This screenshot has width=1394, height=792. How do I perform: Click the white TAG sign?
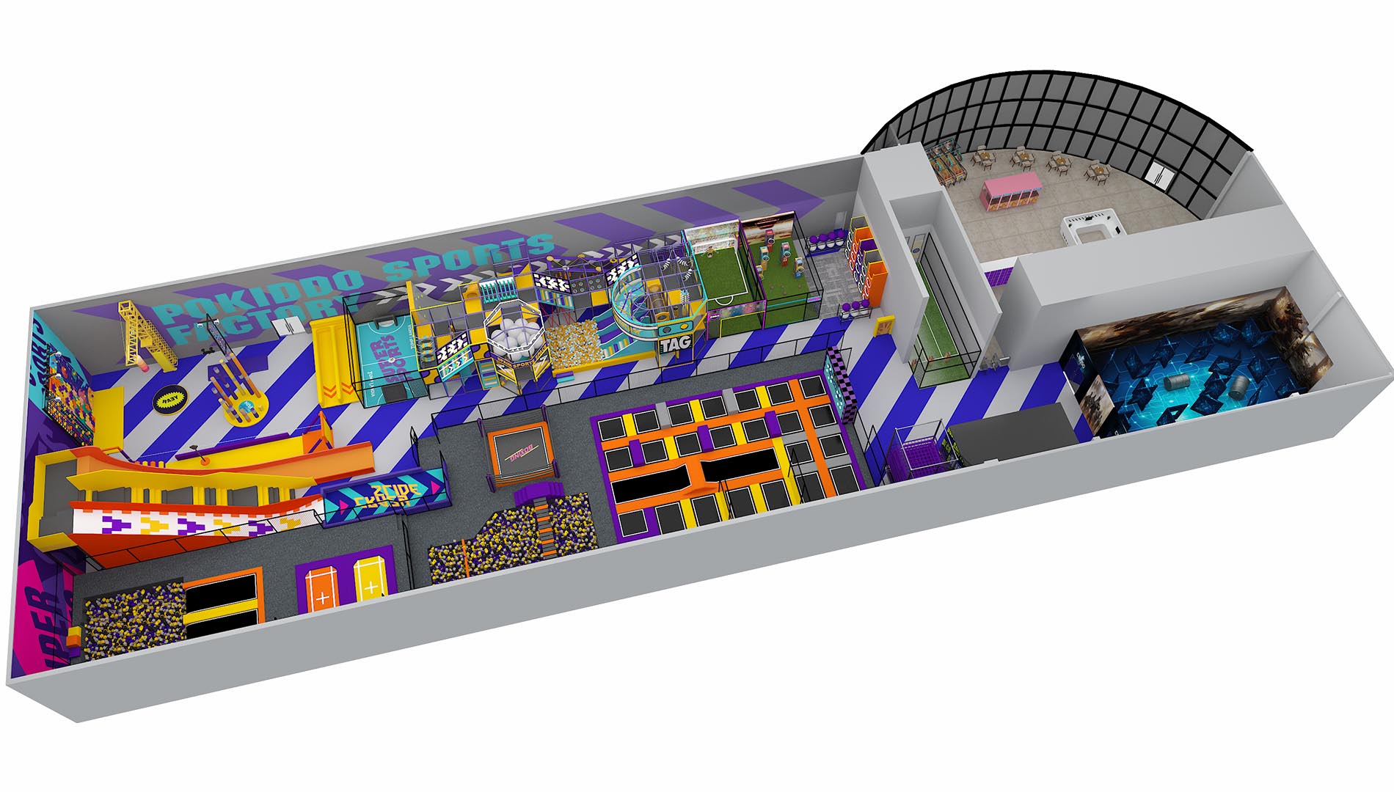coord(674,342)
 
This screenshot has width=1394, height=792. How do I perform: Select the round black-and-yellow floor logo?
coord(167,400)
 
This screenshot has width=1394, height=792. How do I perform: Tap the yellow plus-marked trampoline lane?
coord(371,578)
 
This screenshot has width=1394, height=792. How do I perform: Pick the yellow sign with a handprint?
coord(884,325)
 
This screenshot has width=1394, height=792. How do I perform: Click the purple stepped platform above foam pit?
coord(543,496)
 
